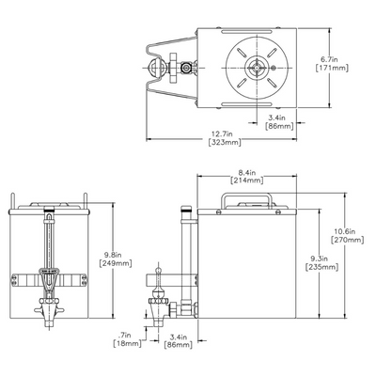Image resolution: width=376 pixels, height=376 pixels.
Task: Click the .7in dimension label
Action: tap(126, 334)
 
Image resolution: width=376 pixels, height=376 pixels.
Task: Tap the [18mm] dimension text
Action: tap(124, 345)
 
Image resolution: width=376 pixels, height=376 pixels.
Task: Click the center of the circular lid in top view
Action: tap(256, 67)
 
